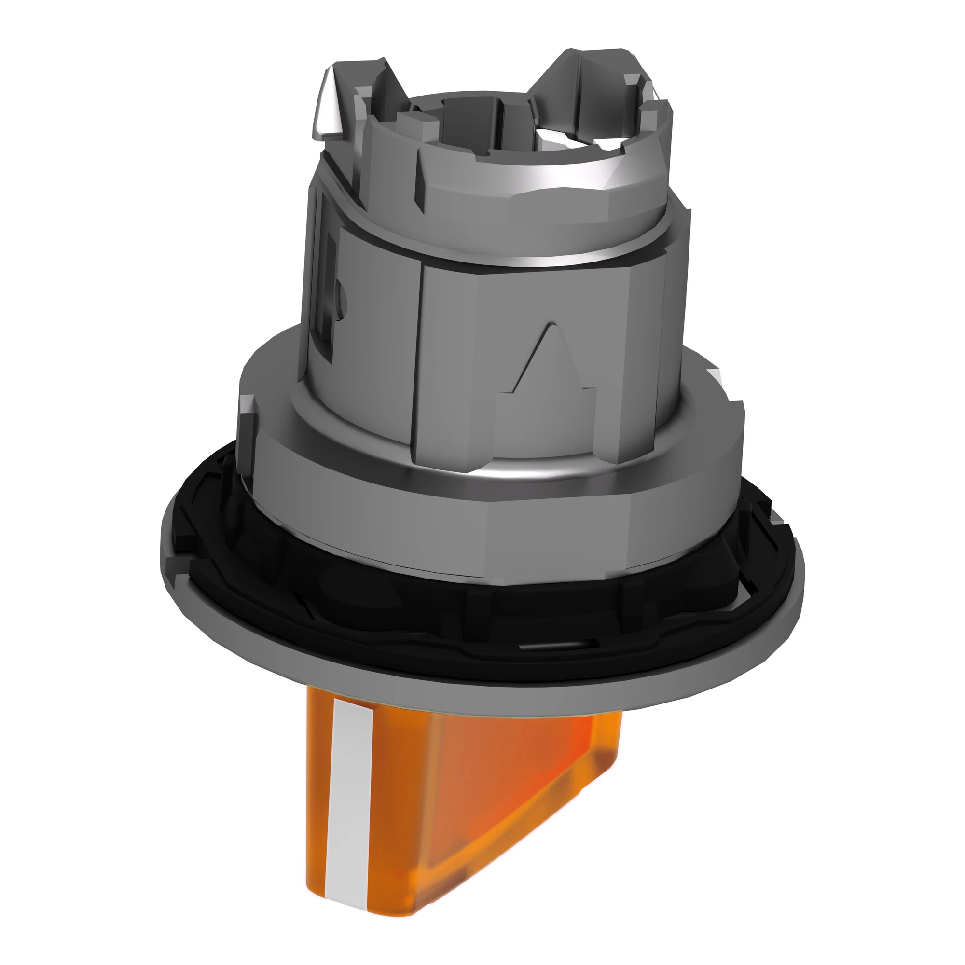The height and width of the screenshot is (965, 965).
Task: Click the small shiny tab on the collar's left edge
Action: coord(247,407)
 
